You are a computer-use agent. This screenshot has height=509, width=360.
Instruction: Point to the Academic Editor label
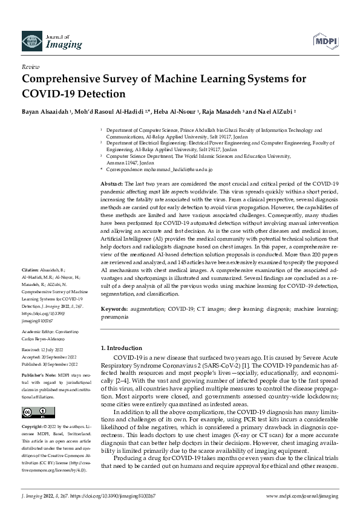39,332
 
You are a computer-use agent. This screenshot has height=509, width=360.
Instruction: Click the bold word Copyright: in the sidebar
33,425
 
